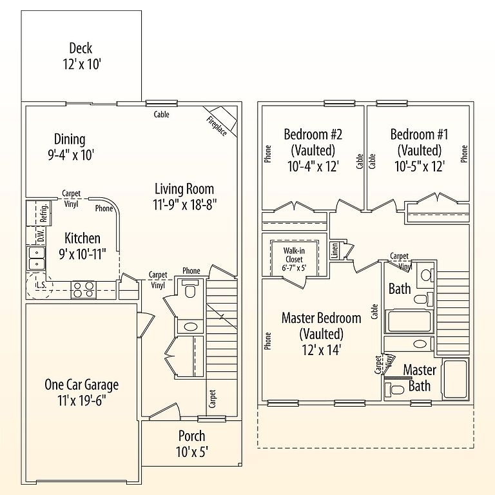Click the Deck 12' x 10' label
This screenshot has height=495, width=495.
coord(82,57)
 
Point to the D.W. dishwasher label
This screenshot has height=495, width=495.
coord(41,236)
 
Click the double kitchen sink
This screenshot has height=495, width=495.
coord(36,258)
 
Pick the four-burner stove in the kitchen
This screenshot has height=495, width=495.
coord(83,289)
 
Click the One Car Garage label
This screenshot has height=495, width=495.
coord(82,393)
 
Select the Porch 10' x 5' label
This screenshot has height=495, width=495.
coord(191,444)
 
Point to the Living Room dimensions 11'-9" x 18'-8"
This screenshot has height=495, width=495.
coord(185,205)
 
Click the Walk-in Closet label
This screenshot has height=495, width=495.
coord(294,259)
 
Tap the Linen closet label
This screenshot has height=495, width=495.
coord(335,250)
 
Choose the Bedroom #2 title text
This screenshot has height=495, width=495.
coord(313,135)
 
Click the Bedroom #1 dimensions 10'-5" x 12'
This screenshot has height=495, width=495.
coord(420,166)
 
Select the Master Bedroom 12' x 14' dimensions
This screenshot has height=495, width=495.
coord(322,350)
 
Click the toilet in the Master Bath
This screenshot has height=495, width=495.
coord(394,389)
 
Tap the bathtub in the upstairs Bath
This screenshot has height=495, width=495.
coord(409,322)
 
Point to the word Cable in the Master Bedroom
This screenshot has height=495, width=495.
coord(374,311)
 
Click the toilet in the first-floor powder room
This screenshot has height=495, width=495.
coord(190,289)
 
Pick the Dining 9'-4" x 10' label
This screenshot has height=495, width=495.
coord(71,148)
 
